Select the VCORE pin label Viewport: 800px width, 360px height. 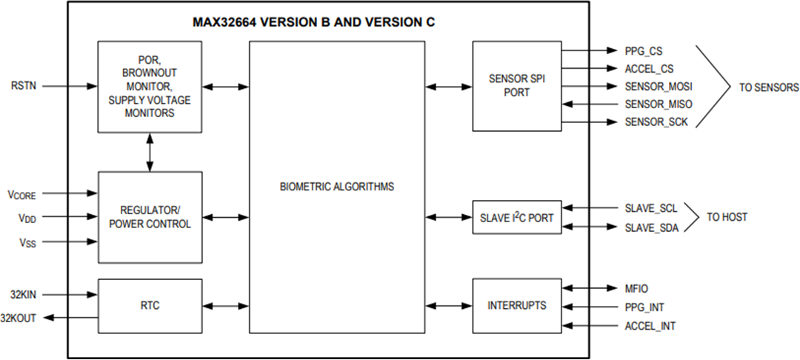pyautogui.click(x=21, y=195)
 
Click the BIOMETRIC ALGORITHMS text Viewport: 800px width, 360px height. pyautogui.click(x=337, y=187)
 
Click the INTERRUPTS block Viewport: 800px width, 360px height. pyautogui.click(x=517, y=305)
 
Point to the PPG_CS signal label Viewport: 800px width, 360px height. pyautogui.click(x=644, y=51)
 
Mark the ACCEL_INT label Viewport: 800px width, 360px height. pyautogui.click(x=650, y=326)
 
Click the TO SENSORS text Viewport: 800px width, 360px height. pyautogui.click(x=769, y=87)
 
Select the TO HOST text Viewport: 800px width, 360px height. pyautogui.click(x=727, y=218)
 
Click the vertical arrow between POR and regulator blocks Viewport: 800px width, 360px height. pyautogui.click(x=150, y=152)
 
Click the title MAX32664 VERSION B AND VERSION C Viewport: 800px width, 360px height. pyautogui.click(x=313, y=22)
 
